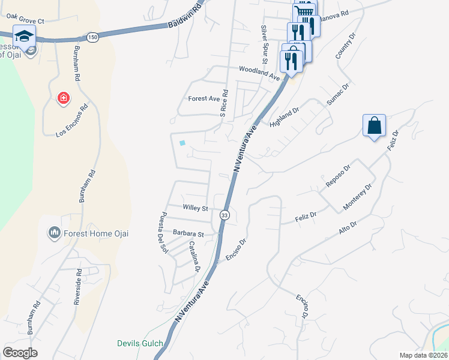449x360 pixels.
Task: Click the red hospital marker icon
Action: (x=62, y=98)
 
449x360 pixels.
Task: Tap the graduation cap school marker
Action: (x=24, y=37)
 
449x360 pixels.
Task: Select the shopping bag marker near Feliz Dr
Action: (x=374, y=126)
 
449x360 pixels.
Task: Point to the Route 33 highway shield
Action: (x=224, y=214)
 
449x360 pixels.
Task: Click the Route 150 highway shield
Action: (x=92, y=37)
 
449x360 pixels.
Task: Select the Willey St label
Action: (x=195, y=208)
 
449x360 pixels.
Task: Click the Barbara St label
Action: (x=190, y=234)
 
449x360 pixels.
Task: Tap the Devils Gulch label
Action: (x=139, y=343)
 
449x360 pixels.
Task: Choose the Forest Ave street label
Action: (x=203, y=98)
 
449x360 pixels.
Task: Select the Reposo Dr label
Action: (x=337, y=176)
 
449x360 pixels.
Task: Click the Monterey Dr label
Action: (x=357, y=197)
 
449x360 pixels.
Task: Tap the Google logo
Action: (x=20, y=352)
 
